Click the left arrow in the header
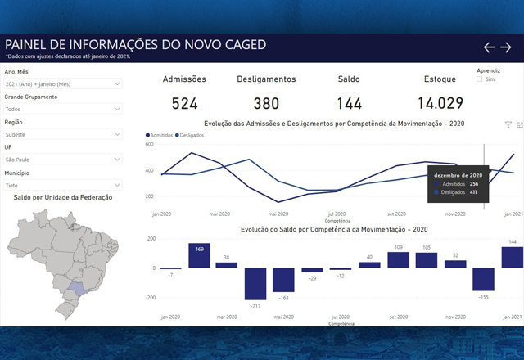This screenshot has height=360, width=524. coord(490,47)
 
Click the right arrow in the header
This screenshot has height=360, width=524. coord(506,47)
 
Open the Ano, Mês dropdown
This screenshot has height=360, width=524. coord(63,83)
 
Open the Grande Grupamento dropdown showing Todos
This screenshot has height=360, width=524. coord(63,109)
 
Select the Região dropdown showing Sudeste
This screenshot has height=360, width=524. coord(63,134)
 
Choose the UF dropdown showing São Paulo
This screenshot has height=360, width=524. coord(63,160)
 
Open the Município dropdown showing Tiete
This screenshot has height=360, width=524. coord(63,185)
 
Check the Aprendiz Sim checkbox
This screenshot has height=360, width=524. coord(480,79)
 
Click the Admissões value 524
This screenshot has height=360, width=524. coord(185,103)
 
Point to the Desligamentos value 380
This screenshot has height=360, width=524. coord(266,103)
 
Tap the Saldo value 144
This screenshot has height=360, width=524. coord(350,103)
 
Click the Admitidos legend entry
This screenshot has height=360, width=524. coord(161,134)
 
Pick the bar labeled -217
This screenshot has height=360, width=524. coord(255,283)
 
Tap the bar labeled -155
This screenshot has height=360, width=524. coord(483,279)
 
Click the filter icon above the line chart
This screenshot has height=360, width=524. coord(508,124)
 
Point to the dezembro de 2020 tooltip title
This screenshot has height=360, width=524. coord(458,175)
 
